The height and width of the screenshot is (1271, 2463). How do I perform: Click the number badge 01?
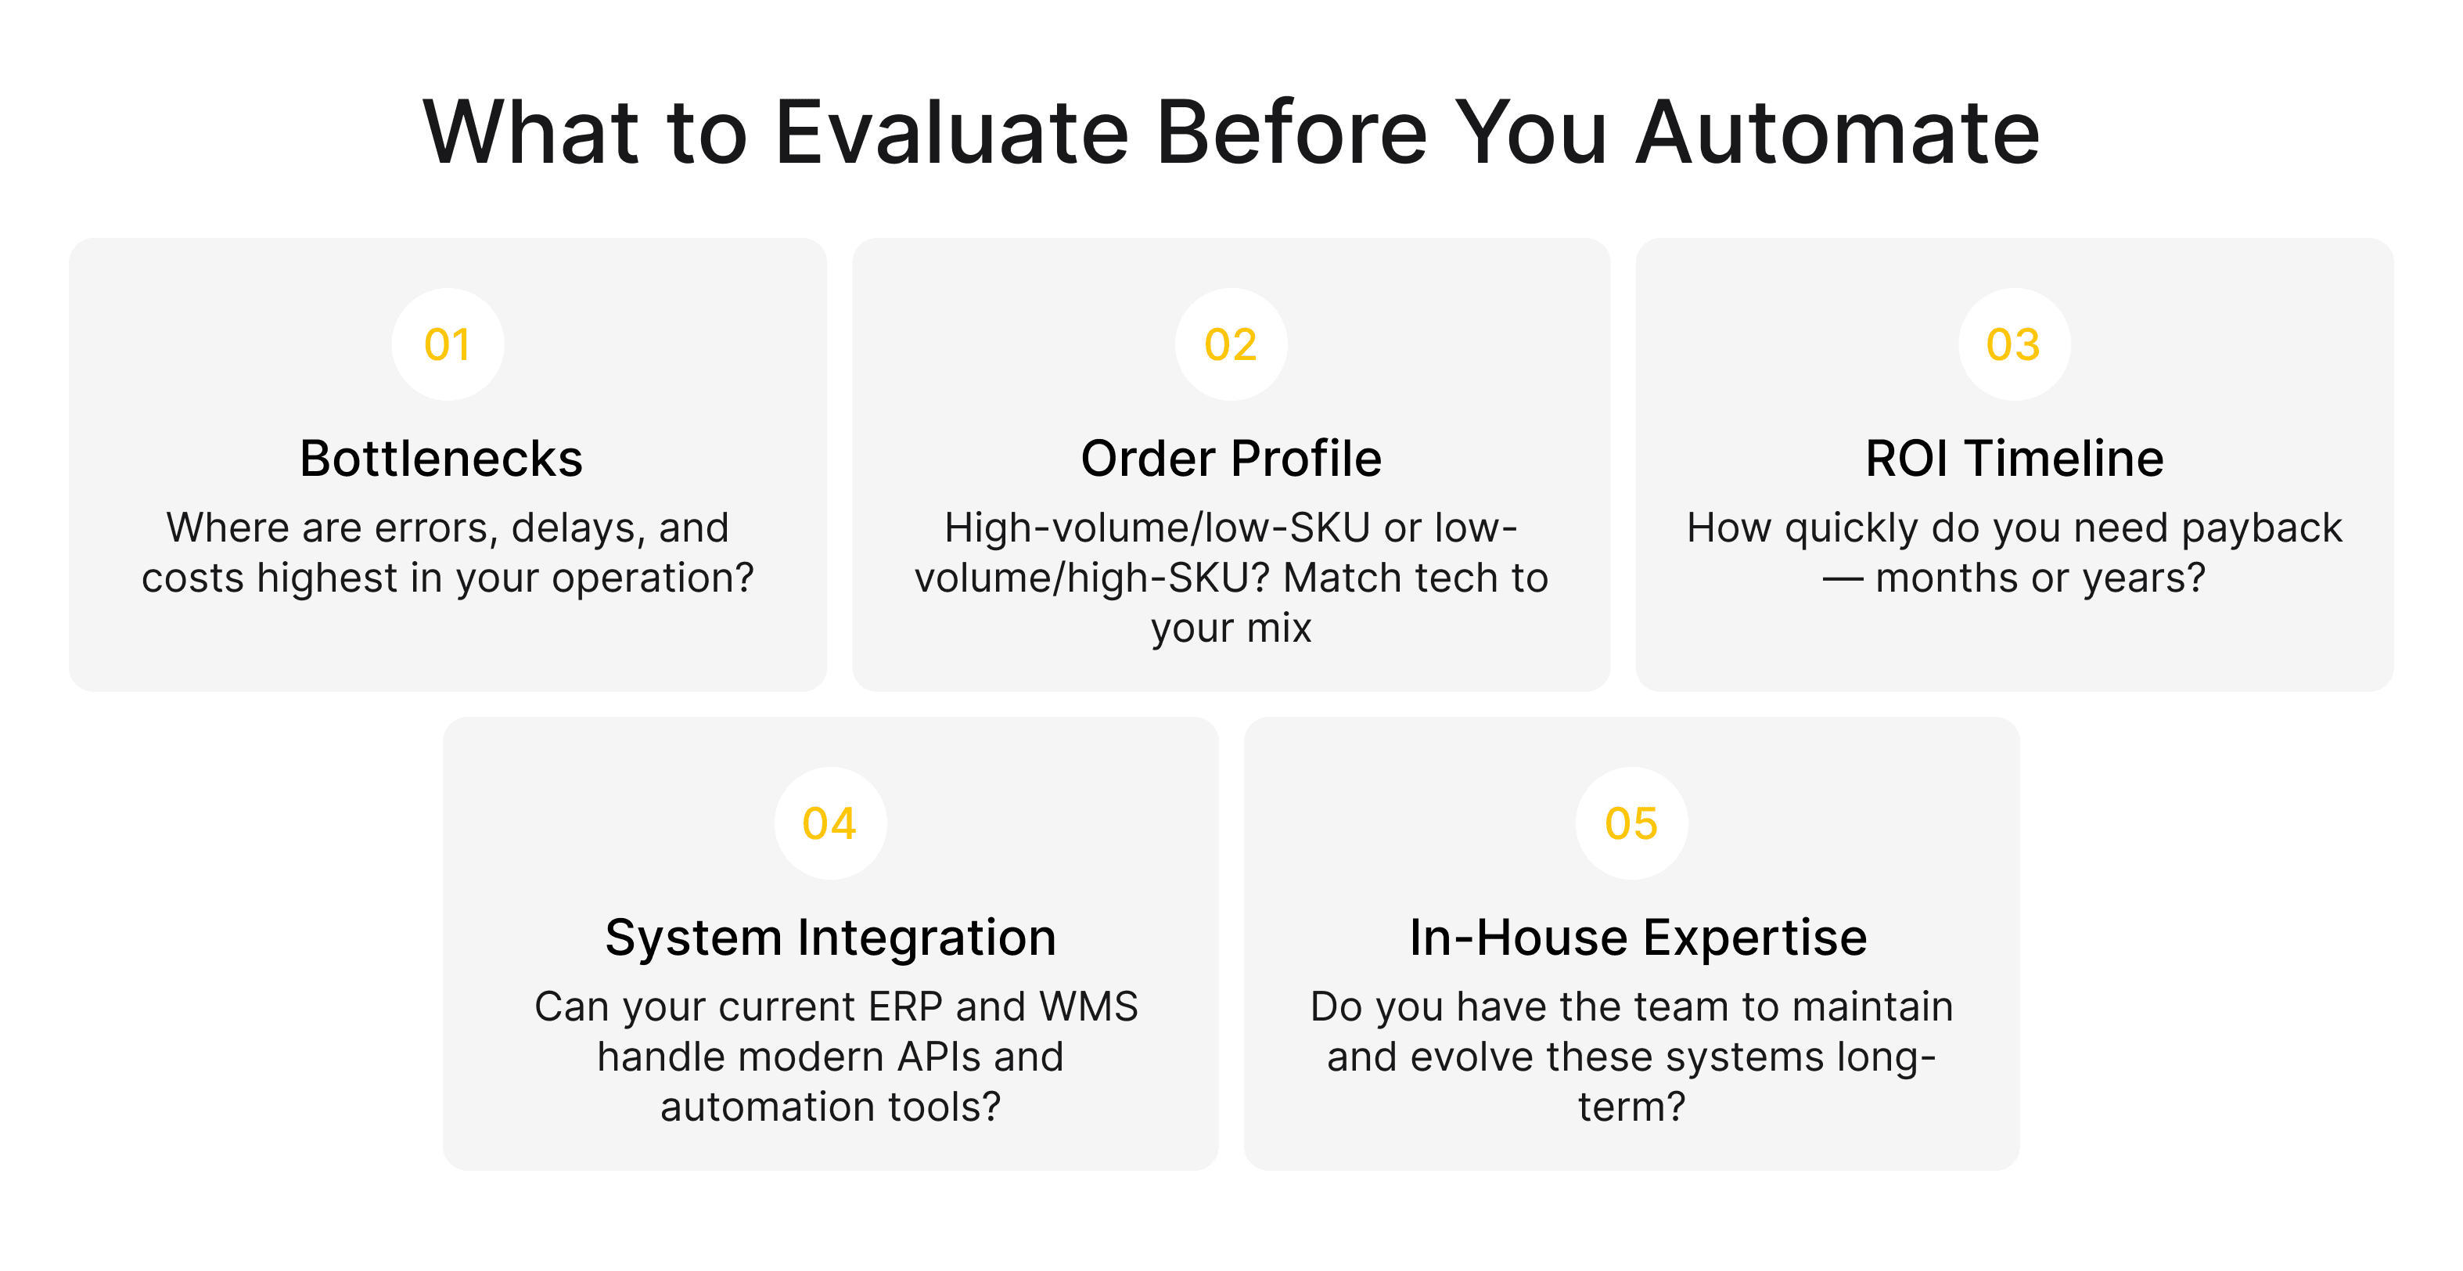coord(448,344)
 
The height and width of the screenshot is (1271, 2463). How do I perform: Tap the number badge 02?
coord(1231,344)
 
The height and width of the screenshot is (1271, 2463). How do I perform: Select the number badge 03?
coord(2014,344)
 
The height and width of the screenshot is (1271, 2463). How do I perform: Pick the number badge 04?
coord(830,823)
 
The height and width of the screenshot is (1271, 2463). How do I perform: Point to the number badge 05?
coord(1631,823)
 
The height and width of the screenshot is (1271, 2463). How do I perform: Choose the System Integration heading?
coord(830,938)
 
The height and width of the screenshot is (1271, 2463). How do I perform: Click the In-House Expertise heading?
coord(1638,938)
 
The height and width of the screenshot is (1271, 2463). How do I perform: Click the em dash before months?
coord(1842,578)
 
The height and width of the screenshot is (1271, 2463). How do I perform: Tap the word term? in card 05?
coord(1631,1107)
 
